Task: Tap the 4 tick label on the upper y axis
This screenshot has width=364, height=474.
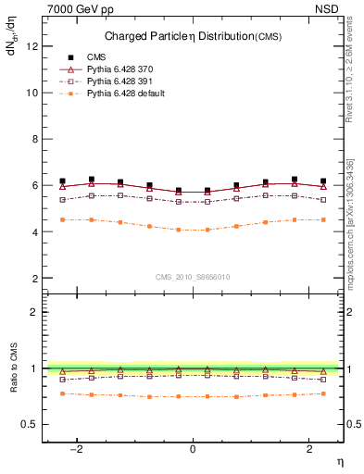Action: point(33,231)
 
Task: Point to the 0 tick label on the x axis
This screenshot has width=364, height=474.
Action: point(193,449)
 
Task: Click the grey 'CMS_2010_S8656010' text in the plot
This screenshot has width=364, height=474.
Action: point(192,277)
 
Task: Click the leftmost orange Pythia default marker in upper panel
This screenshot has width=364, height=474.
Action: point(62,219)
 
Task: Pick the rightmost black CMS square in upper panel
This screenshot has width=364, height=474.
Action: point(322,181)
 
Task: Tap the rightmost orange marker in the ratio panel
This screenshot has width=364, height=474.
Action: point(322,393)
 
